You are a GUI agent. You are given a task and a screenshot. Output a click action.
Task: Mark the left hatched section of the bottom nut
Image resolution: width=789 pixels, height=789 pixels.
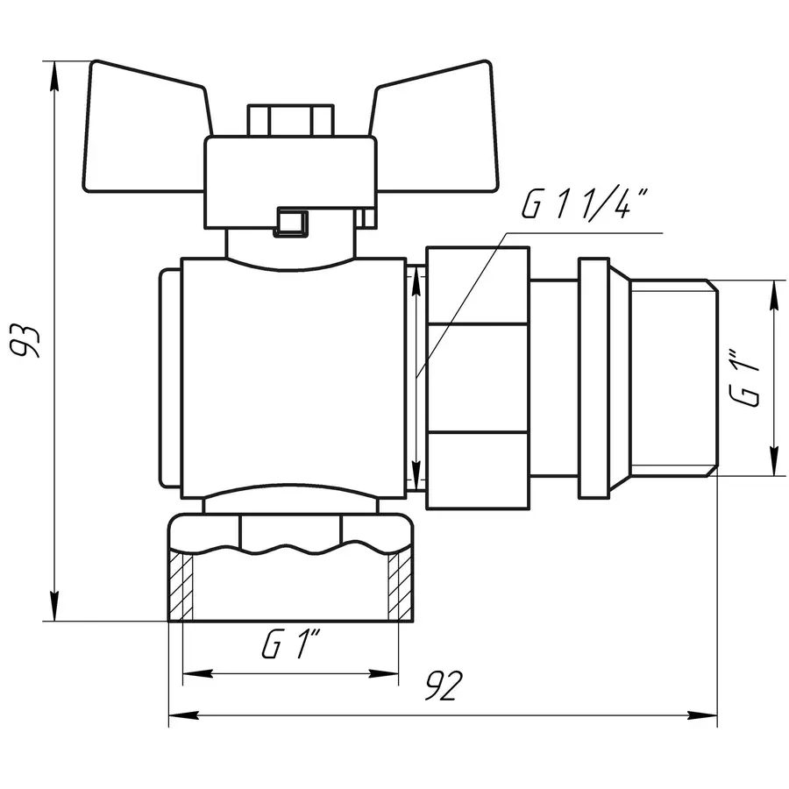tap(181, 586)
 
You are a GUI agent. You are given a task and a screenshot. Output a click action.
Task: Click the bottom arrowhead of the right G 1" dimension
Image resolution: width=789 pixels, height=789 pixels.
tap(774, 464)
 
